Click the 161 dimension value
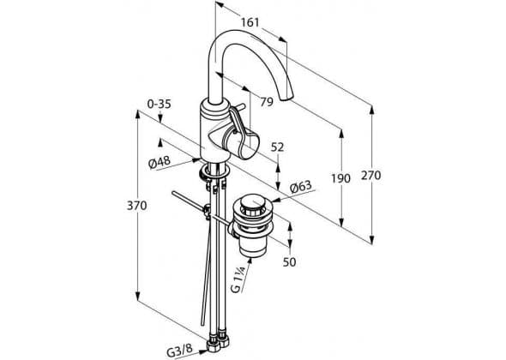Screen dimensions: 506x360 (250, 22)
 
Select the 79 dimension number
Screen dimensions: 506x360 (267, 102)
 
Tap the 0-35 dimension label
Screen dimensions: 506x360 (160, 105)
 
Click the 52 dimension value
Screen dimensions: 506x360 (277, 147)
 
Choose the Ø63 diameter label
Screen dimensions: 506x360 (301, 187)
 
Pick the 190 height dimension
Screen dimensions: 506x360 (340, 178)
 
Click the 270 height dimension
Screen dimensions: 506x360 (371, 176)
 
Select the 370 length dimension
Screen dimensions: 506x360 (137, 206)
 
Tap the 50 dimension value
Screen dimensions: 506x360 (290, 262)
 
